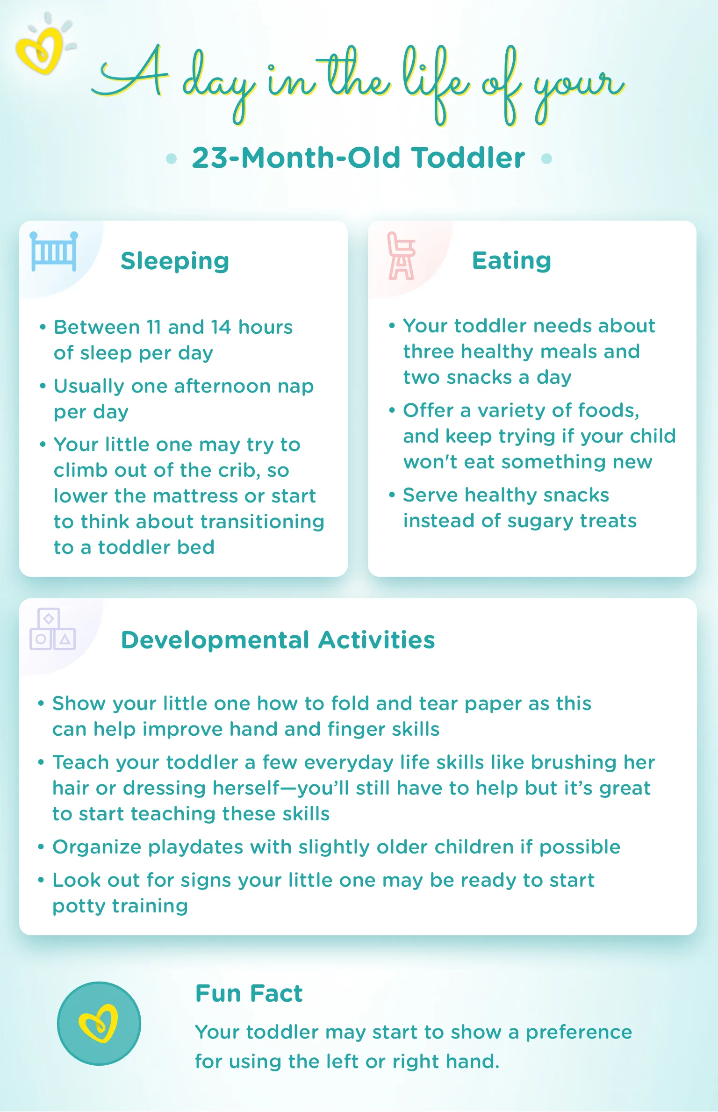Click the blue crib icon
tap(54, 251)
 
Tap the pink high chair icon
tap(401, 256)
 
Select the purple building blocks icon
tap(52, 629)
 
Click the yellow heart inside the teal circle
tap(99, 1023)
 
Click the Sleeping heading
tap(175, 261)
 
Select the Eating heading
tap(511, 260)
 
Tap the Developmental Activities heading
tap(278, 640)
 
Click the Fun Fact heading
tap(249, 993)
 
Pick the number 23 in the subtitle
tap(209, 158)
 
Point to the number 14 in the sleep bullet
tap(221, 327)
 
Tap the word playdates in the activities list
tap(196, 847)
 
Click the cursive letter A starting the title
tap(133, 75)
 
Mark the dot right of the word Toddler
tap(546, 159)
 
